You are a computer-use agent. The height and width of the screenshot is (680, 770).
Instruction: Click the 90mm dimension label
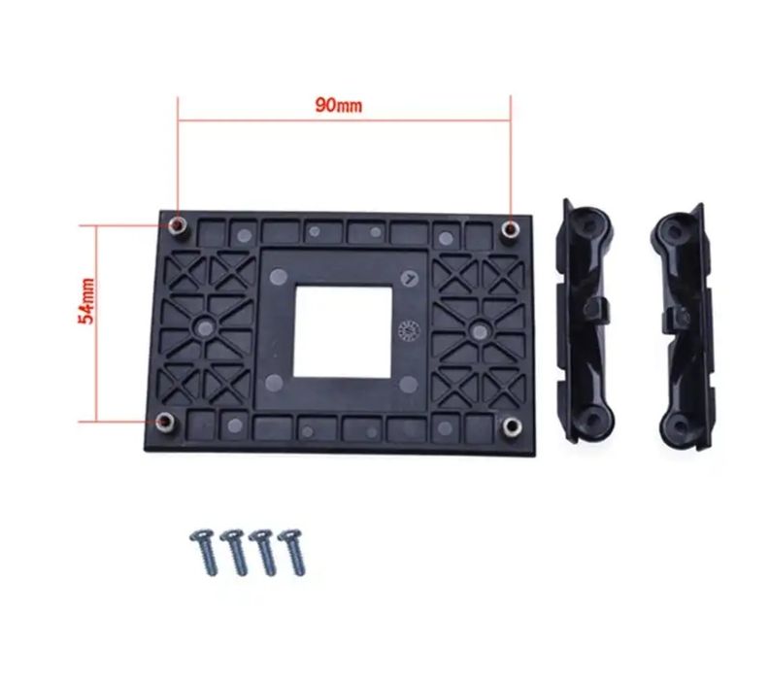pos(338,105)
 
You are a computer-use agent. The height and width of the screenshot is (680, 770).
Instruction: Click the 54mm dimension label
pos(86,301)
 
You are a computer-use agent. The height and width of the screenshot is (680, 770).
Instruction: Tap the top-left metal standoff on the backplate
pos(179,226)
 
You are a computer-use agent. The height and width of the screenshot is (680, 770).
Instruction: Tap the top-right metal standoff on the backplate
pos(511,229)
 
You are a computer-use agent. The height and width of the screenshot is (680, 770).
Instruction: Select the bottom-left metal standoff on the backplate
pos(165,422)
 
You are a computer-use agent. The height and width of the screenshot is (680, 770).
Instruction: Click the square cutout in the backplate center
pos(343,332)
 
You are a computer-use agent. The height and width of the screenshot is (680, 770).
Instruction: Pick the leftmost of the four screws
pos(204,551)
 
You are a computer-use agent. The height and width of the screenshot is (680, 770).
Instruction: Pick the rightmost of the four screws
pos(292,551)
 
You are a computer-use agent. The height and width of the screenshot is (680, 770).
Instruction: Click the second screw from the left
pos(234,551)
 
